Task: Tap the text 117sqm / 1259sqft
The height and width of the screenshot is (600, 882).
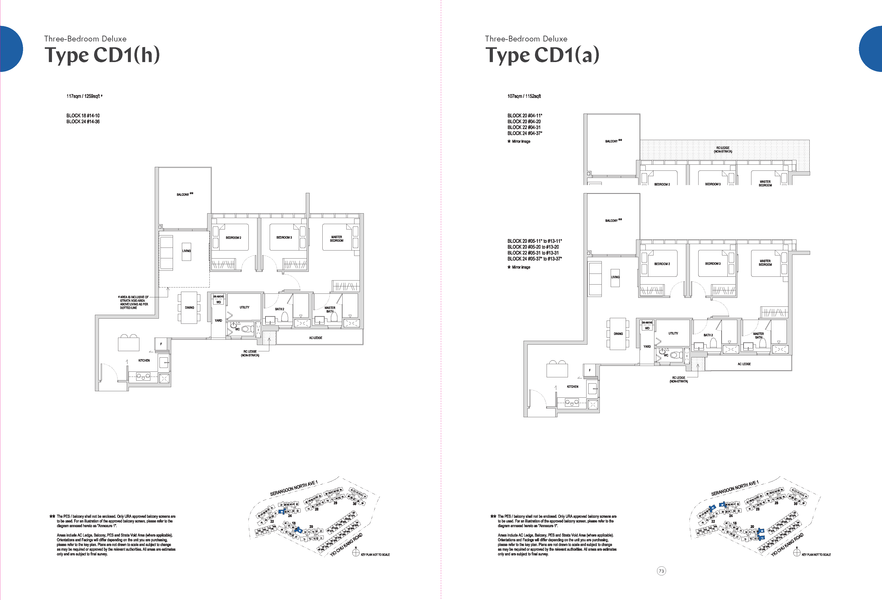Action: point(84,96)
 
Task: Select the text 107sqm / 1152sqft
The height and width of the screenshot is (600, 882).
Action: point(524,96)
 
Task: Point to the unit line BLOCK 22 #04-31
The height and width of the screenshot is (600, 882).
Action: point(524,127)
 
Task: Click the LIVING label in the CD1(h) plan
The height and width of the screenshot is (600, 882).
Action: point(186,251)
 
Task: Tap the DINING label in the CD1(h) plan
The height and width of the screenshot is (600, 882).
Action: point(189,308)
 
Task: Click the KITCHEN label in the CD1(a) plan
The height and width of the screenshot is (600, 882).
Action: point(572,387)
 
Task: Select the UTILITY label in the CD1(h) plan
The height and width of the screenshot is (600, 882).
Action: point(244,307)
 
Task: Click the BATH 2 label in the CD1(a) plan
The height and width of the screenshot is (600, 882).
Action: point(708,335)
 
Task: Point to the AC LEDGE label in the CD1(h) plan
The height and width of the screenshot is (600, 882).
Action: point(315,338)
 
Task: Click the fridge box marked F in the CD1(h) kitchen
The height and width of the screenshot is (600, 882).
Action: point(161,344)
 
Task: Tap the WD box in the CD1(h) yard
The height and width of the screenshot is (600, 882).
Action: point(219,302)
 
